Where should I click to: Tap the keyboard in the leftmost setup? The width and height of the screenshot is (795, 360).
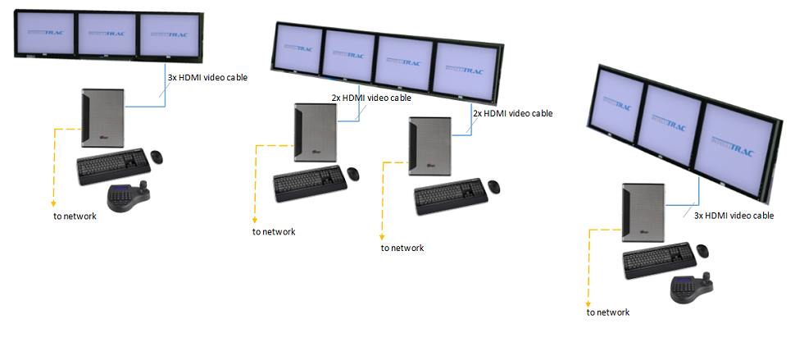click(112, 167)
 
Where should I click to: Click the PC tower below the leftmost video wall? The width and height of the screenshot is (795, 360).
click(103, 119)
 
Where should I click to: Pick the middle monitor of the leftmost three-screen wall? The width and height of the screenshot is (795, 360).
click(103, 34)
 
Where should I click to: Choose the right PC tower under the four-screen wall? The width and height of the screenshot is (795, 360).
click(430, 146)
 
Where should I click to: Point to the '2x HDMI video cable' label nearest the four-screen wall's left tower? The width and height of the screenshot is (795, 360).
click(371, 98)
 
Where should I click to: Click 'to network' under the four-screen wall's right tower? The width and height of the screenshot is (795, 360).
click(402, 248)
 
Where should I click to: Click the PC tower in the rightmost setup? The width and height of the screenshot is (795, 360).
click(642, 212)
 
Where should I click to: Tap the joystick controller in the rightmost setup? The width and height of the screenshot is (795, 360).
click(688, 288)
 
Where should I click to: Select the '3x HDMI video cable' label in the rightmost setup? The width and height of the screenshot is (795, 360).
click(734, 216)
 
